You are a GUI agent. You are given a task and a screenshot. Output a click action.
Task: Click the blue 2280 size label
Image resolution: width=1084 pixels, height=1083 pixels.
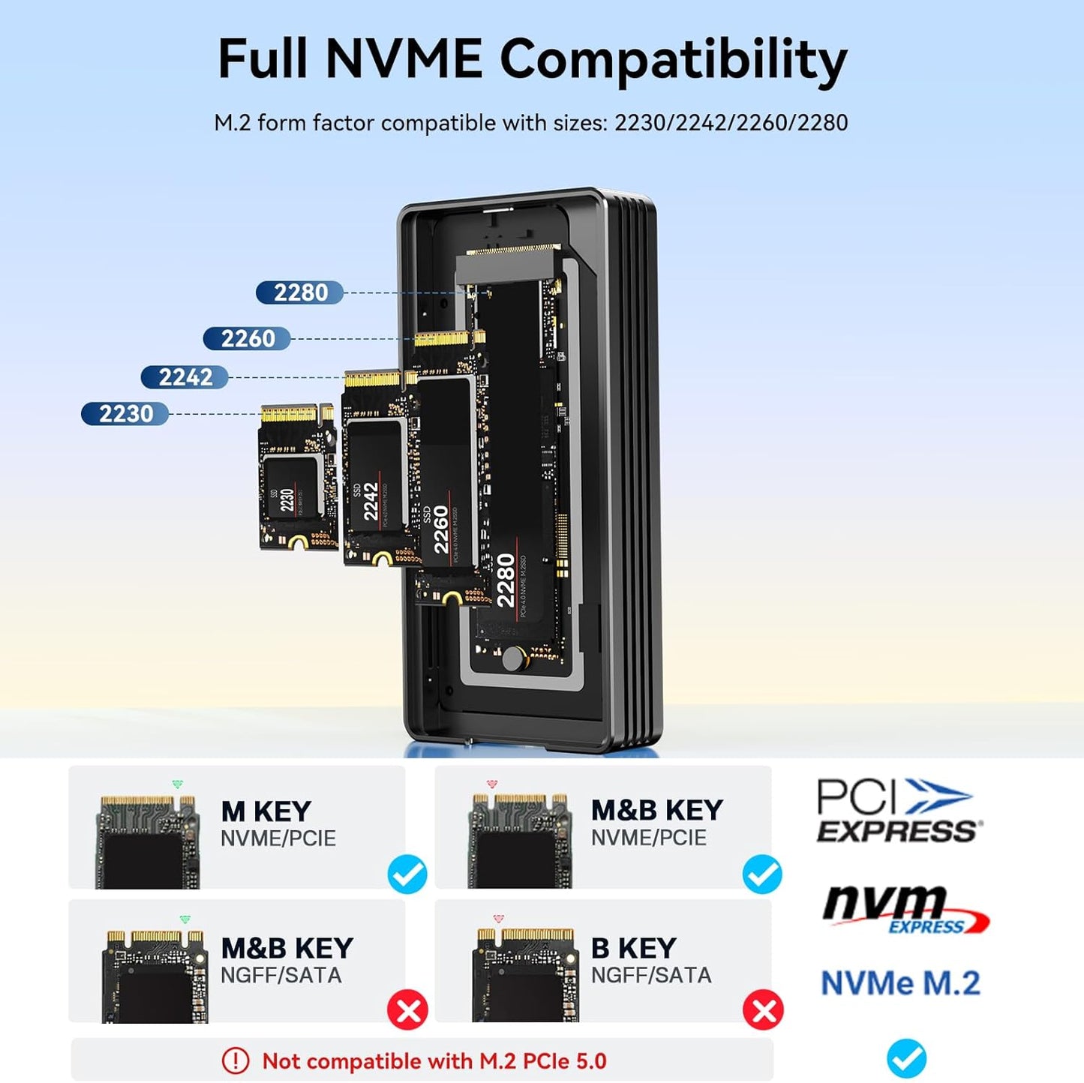[x=299, y=292]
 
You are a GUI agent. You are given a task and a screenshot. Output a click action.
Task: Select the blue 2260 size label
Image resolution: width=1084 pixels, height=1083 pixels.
[x=247, y=339]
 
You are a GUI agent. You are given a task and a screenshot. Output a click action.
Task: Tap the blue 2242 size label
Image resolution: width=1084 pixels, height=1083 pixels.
[x=185, y=377]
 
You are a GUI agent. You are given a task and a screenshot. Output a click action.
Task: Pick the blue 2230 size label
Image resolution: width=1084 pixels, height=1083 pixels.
[x=125, y=414]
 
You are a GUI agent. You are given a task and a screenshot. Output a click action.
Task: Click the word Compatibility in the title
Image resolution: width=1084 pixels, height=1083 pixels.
[x=673, y=60]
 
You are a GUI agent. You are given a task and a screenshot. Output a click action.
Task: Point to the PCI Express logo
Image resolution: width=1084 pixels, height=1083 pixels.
[x=897, y=811]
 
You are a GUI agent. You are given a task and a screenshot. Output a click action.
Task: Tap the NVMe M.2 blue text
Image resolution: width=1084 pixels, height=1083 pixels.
[x=900, y=983]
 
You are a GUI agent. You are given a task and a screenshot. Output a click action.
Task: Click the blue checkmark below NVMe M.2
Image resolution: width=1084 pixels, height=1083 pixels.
[x=906, y=1057]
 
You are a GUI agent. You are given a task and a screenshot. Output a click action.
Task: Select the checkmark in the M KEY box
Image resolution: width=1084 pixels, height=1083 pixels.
[x=407, y=874]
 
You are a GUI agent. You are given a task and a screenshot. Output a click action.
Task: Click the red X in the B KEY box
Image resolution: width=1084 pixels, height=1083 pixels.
[x=763, y=1010]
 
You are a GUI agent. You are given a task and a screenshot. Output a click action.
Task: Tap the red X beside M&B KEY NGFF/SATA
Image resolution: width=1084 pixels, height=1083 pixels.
[x=407, y=1010]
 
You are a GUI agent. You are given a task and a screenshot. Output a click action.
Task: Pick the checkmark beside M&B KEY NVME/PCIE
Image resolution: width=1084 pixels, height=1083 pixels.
[x=762, y=874]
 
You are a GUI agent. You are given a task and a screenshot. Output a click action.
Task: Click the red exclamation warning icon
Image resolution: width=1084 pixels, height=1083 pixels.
[x=236, y=1060]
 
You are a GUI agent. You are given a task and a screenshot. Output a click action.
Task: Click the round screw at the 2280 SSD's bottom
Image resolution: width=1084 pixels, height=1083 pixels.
[x=514, y=658]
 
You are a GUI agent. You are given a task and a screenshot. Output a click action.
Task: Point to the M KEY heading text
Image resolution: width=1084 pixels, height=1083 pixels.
[x=266, y=811]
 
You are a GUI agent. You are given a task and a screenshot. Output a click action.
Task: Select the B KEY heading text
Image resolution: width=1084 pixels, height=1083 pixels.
[x=633, y=948]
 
